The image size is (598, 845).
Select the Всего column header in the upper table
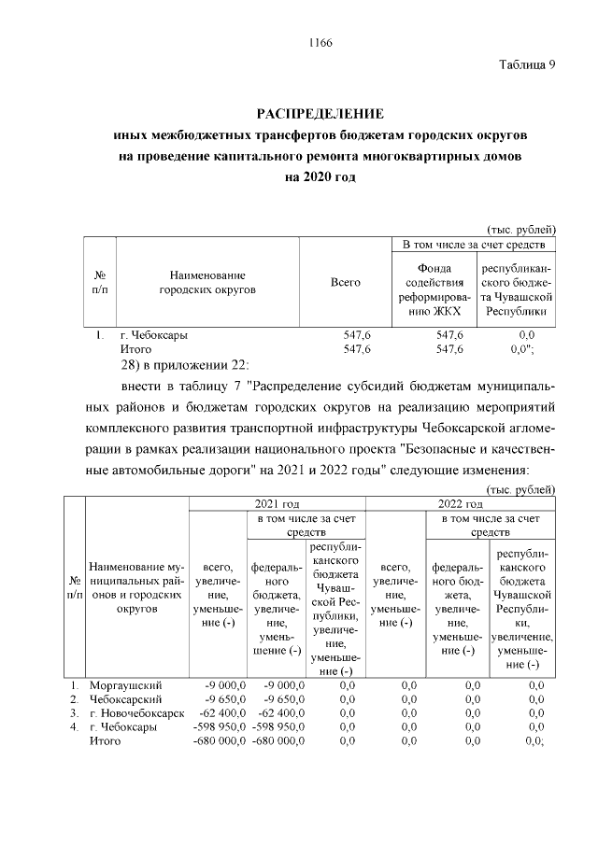click(345, 282)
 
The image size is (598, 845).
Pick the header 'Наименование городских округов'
click(206, 282)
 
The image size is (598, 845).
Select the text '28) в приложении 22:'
click(184, 363)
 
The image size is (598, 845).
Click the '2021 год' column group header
click(277, 503)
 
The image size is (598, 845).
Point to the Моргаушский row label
click(125, 684)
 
